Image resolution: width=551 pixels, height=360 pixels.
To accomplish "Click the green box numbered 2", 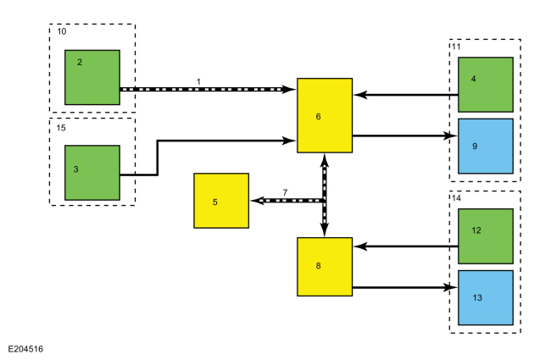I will coord(92,77).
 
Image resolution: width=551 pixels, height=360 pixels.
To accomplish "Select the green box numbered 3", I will coord(92,173).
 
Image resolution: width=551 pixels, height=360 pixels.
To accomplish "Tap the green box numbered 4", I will coord(486,85).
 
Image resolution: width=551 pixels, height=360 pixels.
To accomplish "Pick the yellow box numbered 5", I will coord(221,201).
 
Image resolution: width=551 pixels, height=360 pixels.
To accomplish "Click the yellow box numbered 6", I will coord(325,115).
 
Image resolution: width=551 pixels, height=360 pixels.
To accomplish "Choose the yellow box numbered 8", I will coord(325,267).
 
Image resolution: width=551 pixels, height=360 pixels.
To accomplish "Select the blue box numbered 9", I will coord(486,146).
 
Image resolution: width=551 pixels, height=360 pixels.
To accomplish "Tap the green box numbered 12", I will coord(486,236).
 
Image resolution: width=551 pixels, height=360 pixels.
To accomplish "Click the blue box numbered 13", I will coord(486,297).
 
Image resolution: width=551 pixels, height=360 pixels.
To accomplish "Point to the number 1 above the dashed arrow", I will coord(198,80).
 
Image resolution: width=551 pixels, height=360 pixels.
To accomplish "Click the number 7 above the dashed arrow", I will coord(286,192).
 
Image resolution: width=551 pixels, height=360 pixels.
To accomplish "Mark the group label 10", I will coord(61,31).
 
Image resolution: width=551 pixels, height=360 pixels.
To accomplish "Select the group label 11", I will coord(456,47).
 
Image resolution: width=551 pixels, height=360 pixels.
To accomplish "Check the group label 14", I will coord(456,198).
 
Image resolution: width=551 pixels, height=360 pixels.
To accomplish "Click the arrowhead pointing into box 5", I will coord(254,201).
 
